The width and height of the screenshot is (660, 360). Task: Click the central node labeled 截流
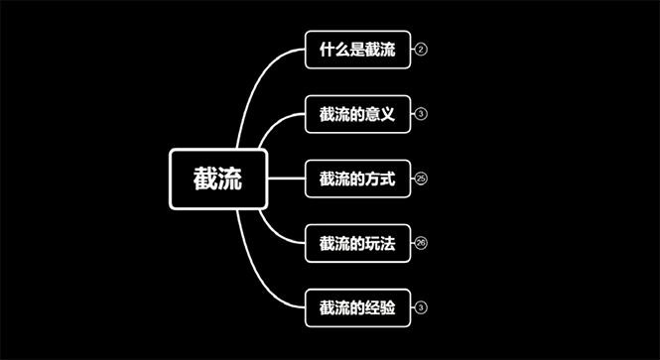tap(217, 180)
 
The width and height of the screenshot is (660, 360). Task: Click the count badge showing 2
tap(421, 50)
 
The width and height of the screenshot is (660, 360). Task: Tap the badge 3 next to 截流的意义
tap(421, 114)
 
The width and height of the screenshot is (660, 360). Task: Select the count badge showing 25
tap(421, 179)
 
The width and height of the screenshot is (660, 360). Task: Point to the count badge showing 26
tap(421, 243)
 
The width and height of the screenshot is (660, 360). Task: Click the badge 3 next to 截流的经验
tap(421, 307)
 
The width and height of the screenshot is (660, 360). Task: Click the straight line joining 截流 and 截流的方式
tap(286, 180)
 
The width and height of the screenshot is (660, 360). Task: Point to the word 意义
tap(380, 114)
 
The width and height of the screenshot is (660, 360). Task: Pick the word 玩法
tap(380, 243)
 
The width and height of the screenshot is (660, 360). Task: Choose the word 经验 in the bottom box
tap(380, 307)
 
